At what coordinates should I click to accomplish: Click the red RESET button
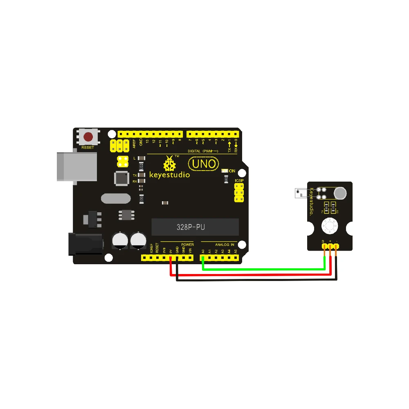coord(88,137)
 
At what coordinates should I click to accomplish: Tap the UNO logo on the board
coord(203,164)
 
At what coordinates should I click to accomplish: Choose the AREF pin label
coord(134,143)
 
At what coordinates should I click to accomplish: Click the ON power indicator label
coord(232,171)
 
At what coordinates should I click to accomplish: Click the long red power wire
coord(254,275)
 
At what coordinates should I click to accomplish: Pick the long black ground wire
coord(258,280)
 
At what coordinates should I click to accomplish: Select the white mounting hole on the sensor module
coord(330,225)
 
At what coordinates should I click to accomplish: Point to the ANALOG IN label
coord(225,245)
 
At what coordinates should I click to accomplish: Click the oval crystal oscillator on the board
coord(116,199)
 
